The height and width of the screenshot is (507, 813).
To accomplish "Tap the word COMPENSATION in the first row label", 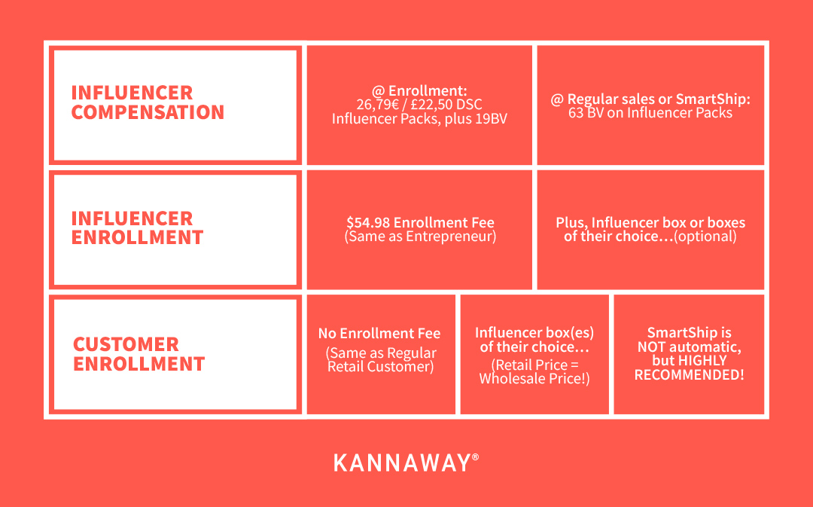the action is [x=148, y=112].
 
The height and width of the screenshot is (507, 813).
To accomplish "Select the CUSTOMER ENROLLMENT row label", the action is [x=139, y=354].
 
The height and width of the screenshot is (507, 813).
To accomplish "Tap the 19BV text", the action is [x=491, y=119].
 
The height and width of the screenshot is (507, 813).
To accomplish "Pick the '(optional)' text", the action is [x=705, y=237].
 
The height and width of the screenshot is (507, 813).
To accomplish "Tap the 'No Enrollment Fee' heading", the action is [x=379, y=333].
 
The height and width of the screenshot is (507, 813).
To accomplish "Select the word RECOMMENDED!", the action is [x=689, y=374].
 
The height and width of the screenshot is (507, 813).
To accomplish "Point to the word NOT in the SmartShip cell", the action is [x=651, y=347].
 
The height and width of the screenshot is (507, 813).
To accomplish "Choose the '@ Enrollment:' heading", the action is [x=419, y=91].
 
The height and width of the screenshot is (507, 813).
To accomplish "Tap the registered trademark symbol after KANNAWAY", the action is [x=476, y=457].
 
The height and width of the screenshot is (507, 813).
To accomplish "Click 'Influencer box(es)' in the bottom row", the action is [x=534, y=333].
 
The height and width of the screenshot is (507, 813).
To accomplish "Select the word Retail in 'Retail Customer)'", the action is [x=346, y=367].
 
